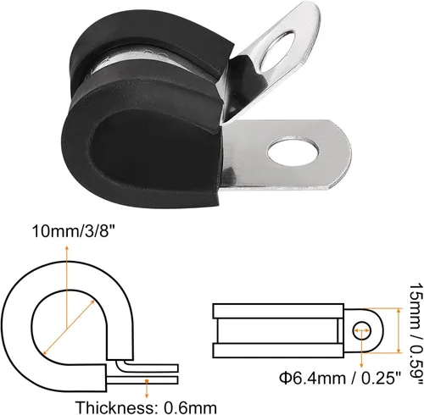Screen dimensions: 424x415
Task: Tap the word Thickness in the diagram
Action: [114, 407]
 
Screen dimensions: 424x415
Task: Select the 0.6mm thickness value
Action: [190, 407]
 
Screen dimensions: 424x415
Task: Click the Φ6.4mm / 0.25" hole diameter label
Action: [340, 378]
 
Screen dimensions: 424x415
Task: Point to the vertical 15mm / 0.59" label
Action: [416, 334]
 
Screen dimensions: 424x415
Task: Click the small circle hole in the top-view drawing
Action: [361, 329]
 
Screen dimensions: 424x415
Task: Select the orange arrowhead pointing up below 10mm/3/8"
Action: [67, 248]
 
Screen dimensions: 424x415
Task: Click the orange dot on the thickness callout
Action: [147, 381]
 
